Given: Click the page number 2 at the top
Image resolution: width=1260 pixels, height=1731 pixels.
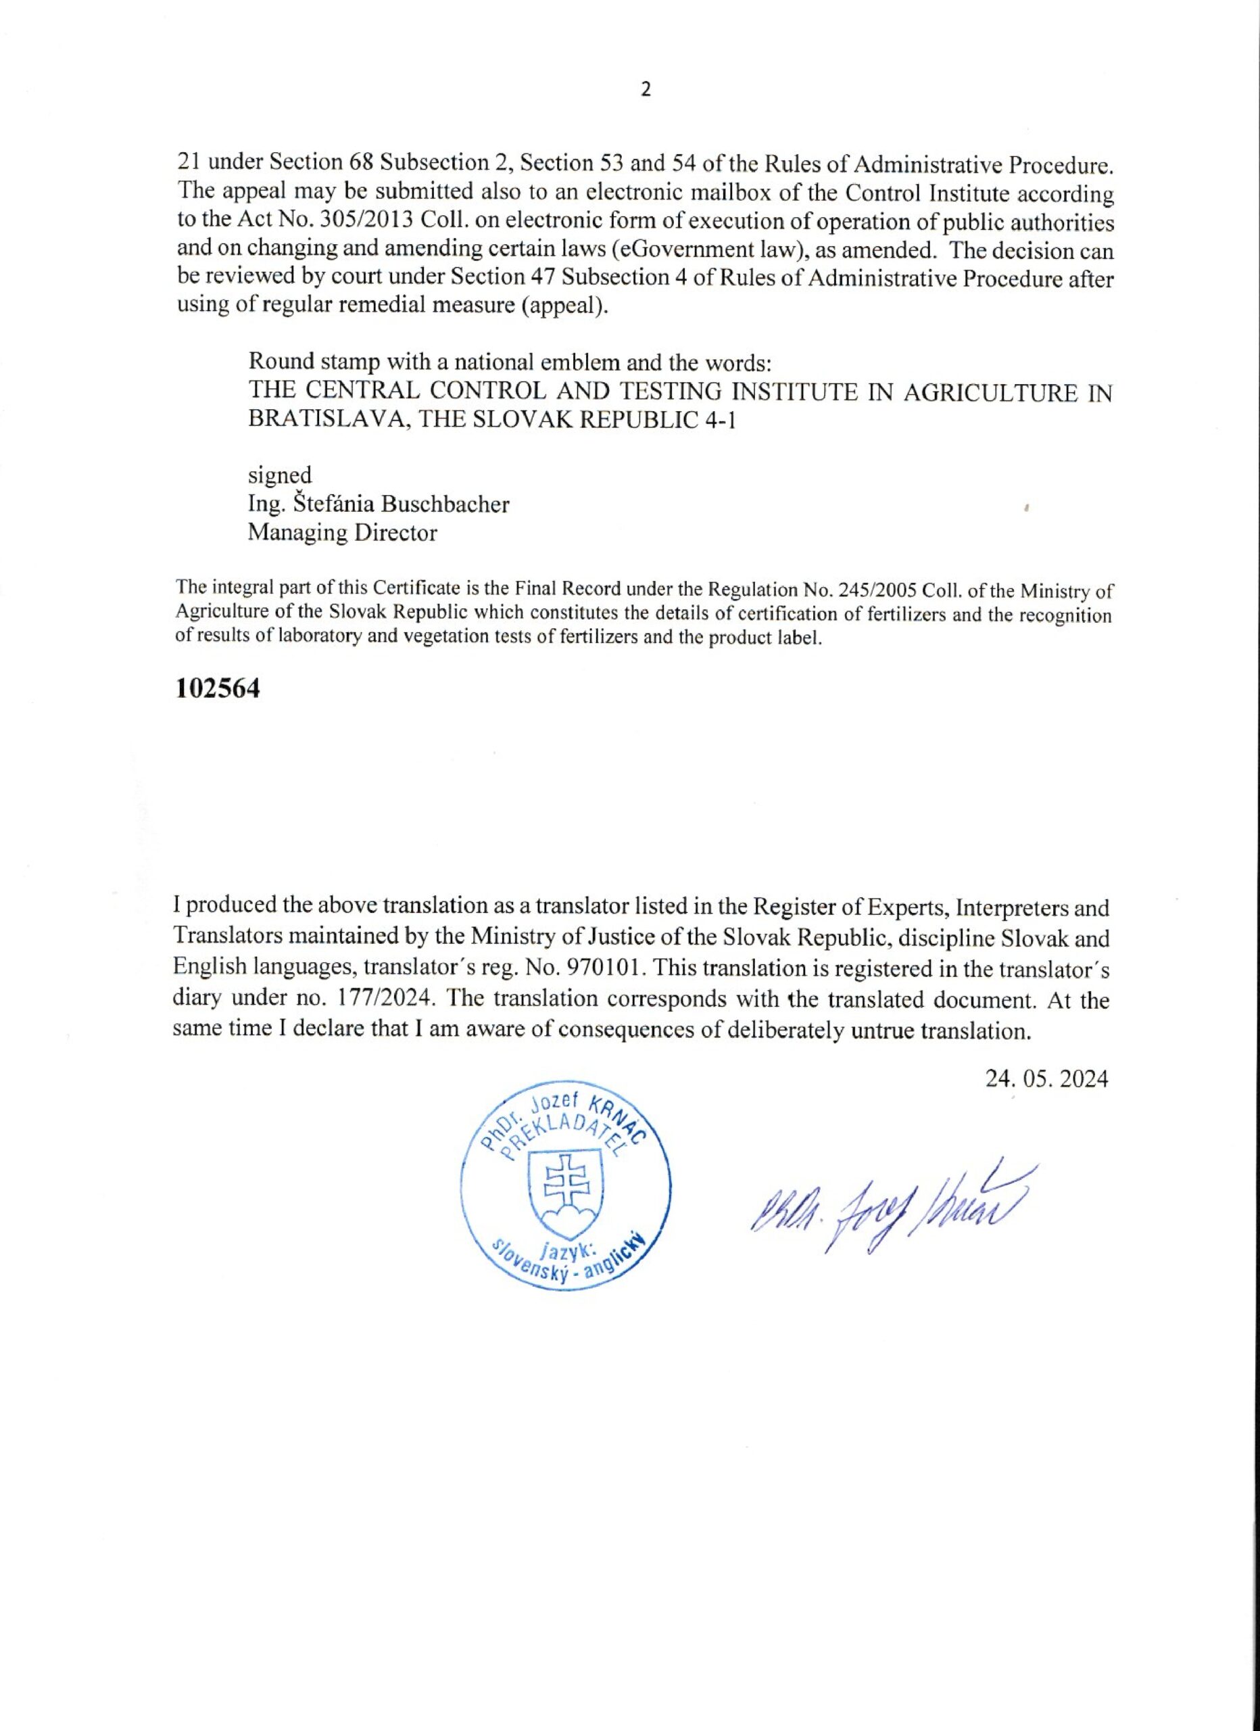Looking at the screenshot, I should tap(646, 90).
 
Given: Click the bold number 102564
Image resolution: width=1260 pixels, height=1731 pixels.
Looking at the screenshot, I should tap(218, 688).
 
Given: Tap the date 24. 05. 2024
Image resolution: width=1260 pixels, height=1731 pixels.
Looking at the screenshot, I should tap(1046, 1079).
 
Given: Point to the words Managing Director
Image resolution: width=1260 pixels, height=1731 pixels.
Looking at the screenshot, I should tap(343, 533).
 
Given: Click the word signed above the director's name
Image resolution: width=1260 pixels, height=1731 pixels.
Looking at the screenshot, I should tap(279, 475).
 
